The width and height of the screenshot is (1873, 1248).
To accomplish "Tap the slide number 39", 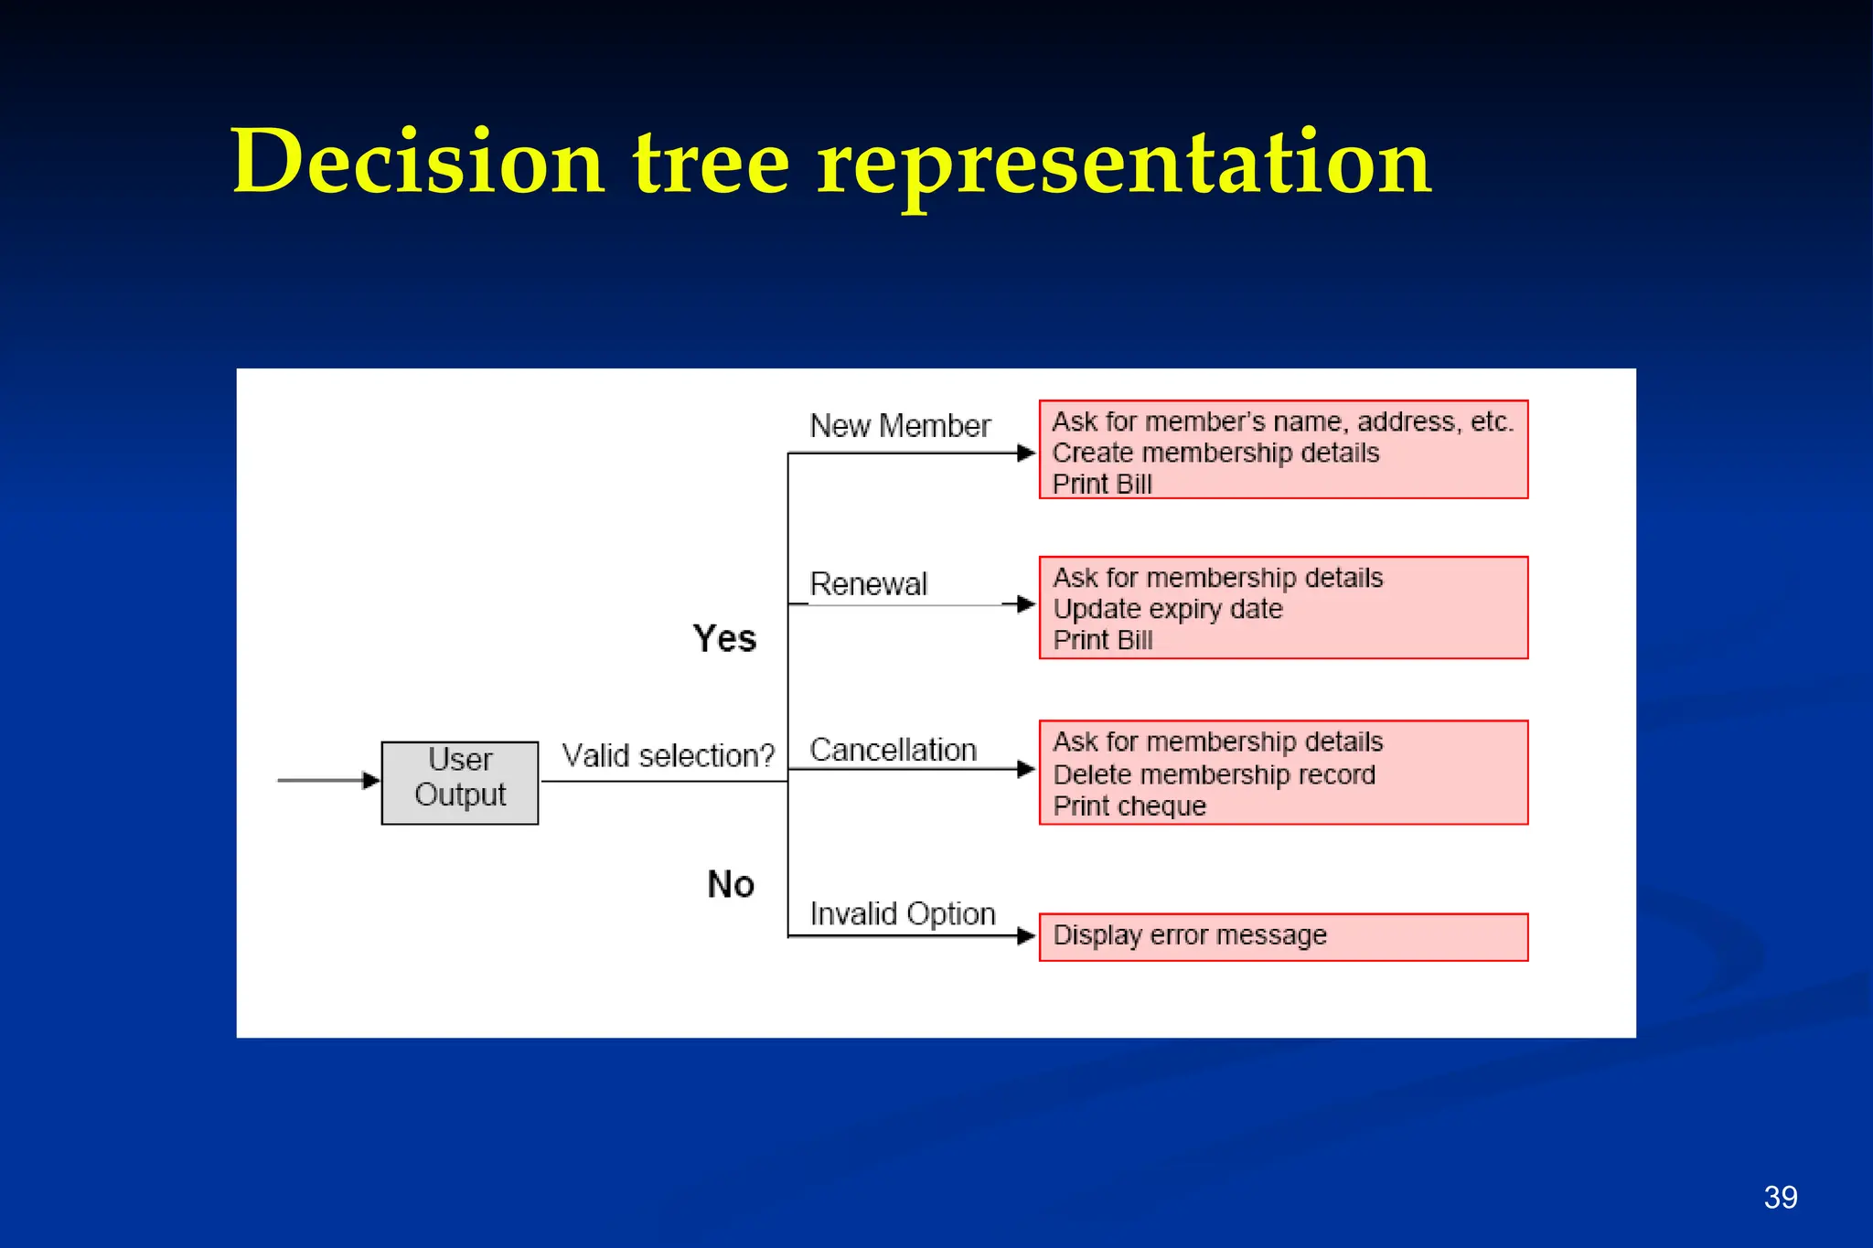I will click(x=1780, y=1197).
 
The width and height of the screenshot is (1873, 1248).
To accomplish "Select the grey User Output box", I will click(x=459, y=782).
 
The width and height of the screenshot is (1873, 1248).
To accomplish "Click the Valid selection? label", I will click(x=668, y=756).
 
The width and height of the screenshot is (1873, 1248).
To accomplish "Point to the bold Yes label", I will click(x=724, y=638).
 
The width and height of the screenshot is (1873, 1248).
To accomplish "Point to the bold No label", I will click(x=731, y=884).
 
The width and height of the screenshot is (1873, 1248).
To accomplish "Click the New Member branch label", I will click(x=900, y=426).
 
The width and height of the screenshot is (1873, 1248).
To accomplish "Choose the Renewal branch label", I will click(x=868, y=584).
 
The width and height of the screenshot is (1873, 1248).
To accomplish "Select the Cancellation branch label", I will click(x=893, y=750).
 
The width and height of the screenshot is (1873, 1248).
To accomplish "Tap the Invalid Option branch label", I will click(x=902, y=913).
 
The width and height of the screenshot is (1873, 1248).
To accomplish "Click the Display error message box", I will click(x=1282, y=936).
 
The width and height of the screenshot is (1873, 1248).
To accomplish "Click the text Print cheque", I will click(x=1129, y=806).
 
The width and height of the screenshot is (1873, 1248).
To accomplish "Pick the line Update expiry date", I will click(x=1168, y=609).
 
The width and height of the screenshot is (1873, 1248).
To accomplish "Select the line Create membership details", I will click(x=1215, y=453).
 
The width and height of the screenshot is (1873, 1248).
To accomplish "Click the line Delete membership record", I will click(x=1214, y=774).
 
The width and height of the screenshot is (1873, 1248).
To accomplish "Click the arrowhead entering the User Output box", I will click(x=371, y=780).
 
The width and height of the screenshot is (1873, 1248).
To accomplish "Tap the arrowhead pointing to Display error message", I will click(x=1026, y=936).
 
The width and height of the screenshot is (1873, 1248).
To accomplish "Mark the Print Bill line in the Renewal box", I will click(x=1102, y=640).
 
